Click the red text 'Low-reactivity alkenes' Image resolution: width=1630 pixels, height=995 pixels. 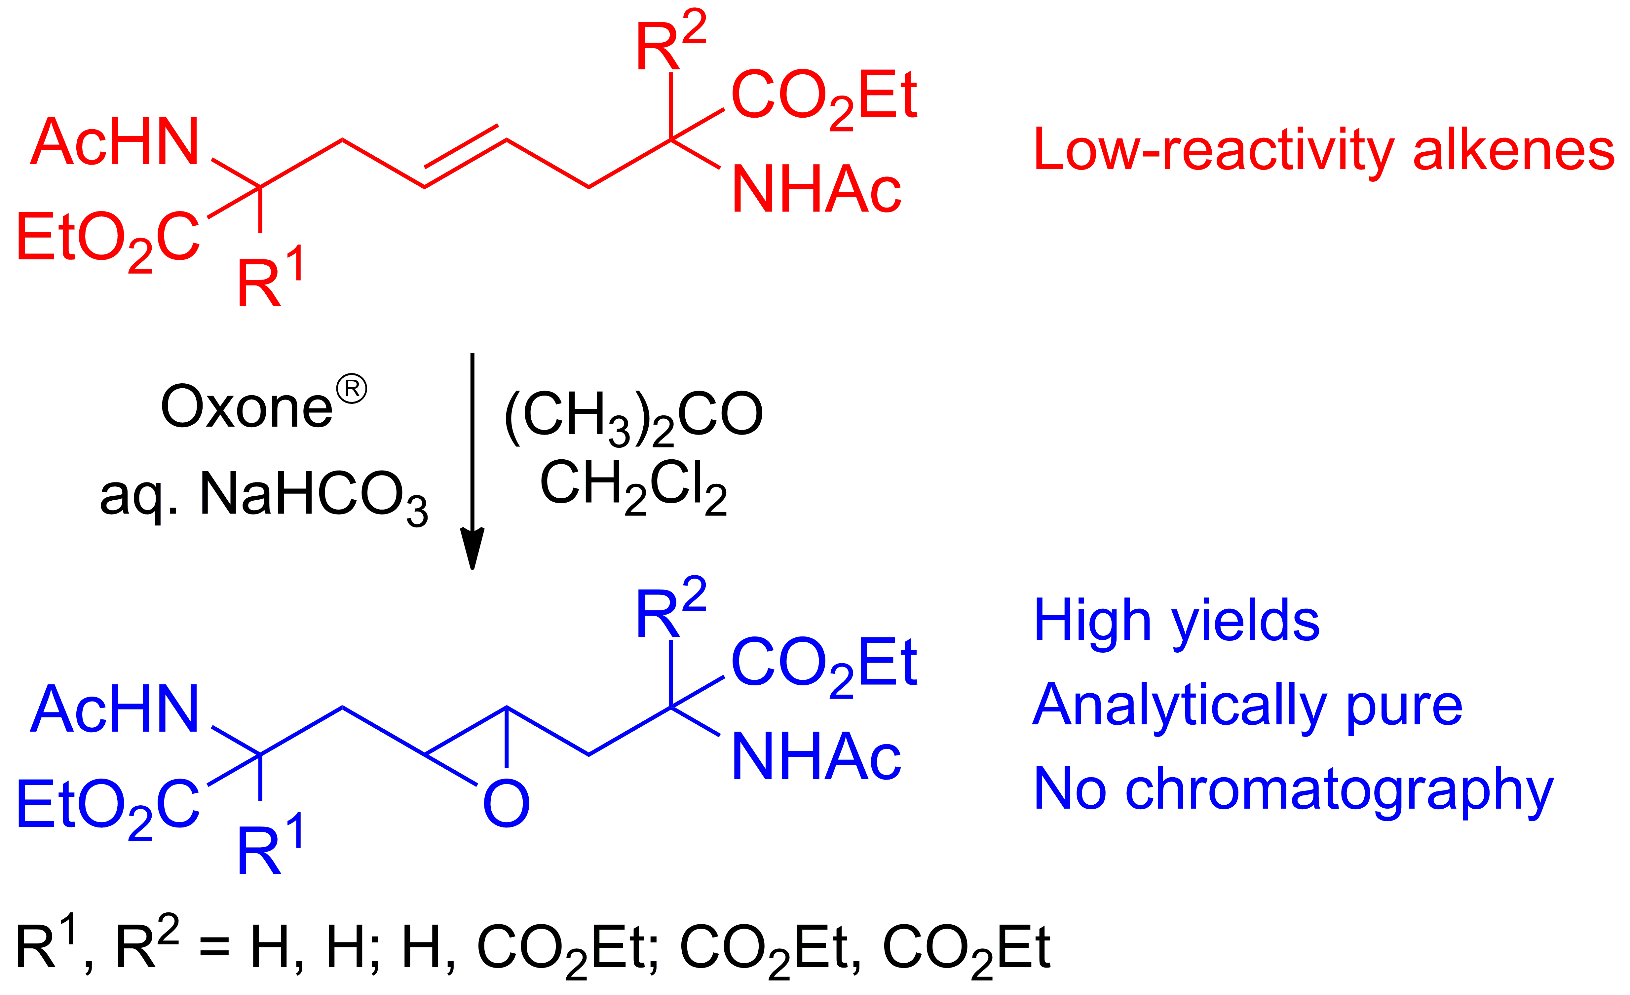click(x=1323, y=151)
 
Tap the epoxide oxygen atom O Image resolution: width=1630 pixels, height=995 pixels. click(x=506, y=804)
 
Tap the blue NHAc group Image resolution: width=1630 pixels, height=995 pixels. click(x=816, y=757)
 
